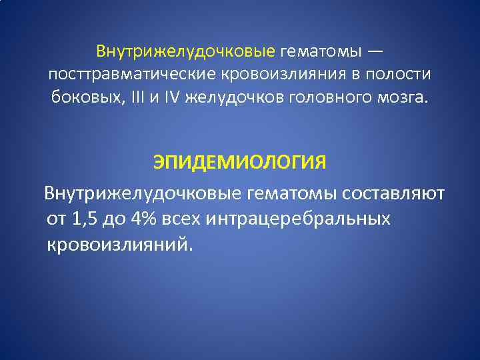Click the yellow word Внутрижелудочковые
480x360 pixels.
pos(185,51)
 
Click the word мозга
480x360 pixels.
pos(401,98)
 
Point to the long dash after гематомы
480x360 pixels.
pos(375,51)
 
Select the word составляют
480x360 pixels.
pos(395,194)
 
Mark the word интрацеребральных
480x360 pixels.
pos(299,219)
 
